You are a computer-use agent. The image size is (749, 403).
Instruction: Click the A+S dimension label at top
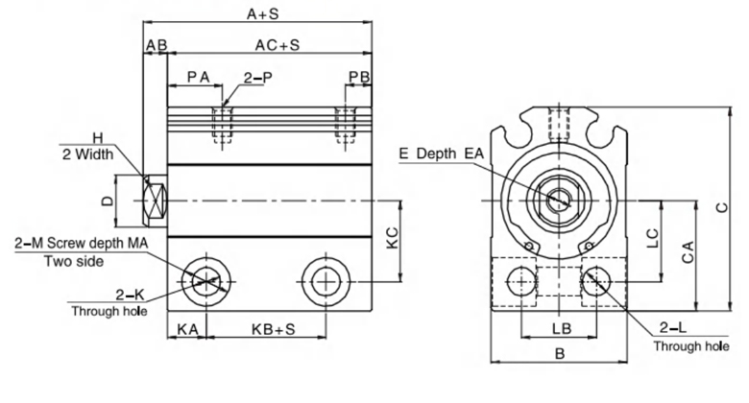262,14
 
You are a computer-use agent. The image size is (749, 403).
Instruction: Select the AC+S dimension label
277,45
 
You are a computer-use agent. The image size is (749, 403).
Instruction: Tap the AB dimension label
157,45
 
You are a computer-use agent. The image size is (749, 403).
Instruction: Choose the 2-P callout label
254,76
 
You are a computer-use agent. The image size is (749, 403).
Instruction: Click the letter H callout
97,136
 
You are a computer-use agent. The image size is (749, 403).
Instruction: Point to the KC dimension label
392,240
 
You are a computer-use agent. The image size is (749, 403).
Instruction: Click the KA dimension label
187,329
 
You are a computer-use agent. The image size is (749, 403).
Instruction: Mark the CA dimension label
687,253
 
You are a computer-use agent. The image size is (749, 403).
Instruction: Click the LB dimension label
563,329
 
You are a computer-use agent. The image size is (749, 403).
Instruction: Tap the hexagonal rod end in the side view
154,201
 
